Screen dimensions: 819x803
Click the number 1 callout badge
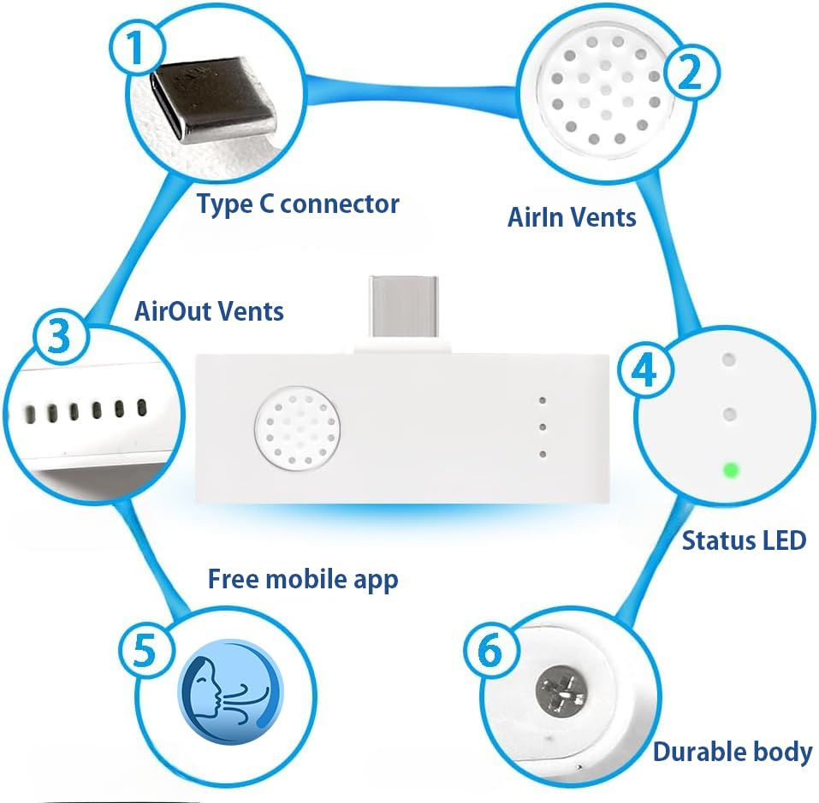(137, 48)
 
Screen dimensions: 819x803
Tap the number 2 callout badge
(691, 73)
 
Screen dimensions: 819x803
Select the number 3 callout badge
(60, 337)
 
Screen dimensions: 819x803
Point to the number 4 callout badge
(645, 369)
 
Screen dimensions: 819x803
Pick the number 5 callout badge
(145, 650)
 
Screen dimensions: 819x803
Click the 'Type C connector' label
(298, 204)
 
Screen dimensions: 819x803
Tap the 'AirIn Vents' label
(572, 217)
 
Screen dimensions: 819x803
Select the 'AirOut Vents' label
(209, 311)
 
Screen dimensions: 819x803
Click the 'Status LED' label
(744, 540)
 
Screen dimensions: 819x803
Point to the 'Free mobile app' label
(303, 579)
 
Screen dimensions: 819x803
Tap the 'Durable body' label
(733, 752)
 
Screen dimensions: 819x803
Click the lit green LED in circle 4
(731, 470)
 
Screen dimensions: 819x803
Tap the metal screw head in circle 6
(562, 692)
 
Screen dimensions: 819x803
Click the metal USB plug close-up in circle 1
(213, 99)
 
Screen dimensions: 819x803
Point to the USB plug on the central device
(403, 307)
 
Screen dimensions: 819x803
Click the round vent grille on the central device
(297, 429)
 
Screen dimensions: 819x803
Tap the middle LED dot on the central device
(543, 428)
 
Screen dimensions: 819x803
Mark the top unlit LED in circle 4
(728, 359)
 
